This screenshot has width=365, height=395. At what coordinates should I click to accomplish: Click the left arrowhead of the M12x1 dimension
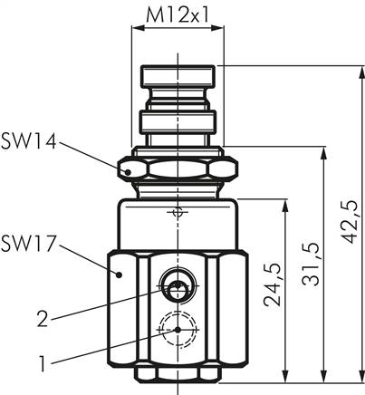coord(138,29)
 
